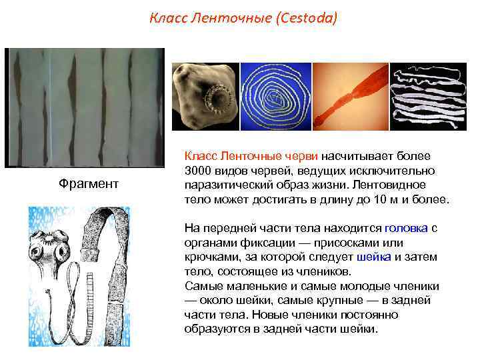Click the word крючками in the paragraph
tap(210, 257)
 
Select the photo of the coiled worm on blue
tap(276, 97)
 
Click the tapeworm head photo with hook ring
tap(205, 97)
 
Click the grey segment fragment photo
tap(84, 107)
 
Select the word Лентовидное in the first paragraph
tap(397, 184)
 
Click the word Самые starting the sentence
tap(201, 286)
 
